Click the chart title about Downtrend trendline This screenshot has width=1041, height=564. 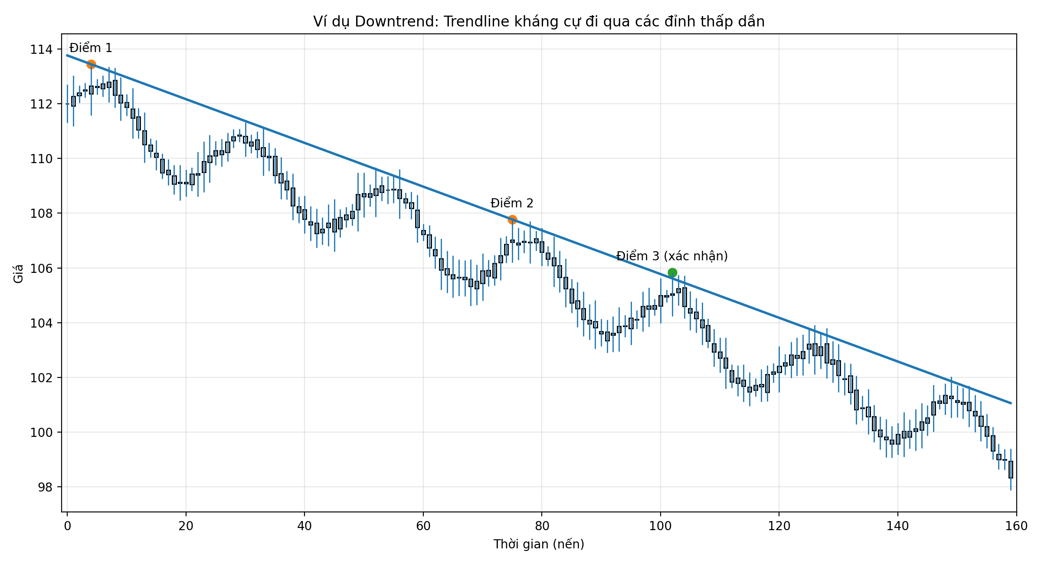pos(539,22)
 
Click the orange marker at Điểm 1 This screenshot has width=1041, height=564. pos(91,64)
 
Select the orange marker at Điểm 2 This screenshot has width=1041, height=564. pos(512,220)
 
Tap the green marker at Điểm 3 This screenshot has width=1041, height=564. pos(672,272)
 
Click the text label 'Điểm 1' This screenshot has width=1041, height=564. pos(91,48)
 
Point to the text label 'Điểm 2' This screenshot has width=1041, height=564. pos(512,203)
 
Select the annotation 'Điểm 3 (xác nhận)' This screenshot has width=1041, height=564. pos(672,256)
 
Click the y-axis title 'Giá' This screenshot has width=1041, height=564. pos(18,274)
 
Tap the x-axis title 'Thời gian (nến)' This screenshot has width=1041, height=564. pos(539,544)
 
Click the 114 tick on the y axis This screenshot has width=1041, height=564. pos(41,49)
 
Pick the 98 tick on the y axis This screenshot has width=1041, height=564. pos(45,487)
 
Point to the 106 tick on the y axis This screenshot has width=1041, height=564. pos(41,269)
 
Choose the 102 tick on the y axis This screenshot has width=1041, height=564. pos(41,378)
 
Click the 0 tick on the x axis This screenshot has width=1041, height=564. pos(67,526)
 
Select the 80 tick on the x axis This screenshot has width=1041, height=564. pos(542,526)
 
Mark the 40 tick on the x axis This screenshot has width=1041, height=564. pos(304,526)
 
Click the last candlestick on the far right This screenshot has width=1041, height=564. pos(1011,469)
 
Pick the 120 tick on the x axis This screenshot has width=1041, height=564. pos(779,526)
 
